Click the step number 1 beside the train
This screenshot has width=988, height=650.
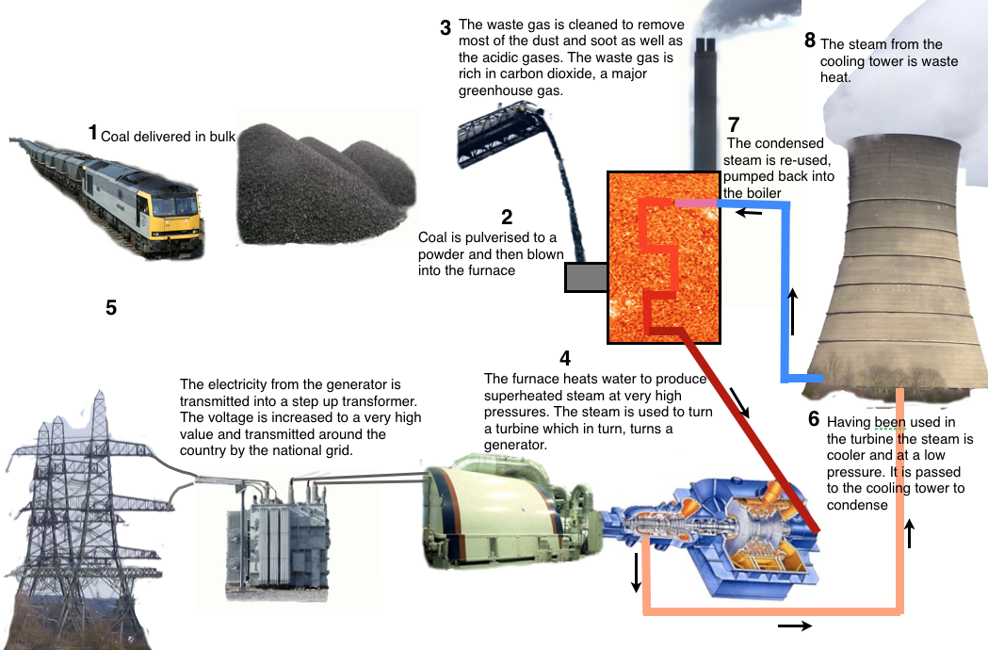click(x=92, y=133)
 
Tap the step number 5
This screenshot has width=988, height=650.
click(x=111, y=308)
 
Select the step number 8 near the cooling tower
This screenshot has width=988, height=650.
click(x=810, y=41)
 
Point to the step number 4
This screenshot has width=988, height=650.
click(x=565, y=359)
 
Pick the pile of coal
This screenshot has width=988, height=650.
click(x=325, y=183)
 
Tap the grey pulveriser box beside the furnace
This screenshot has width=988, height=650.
click(x=586, y=277)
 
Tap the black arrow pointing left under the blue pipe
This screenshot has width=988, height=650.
click(x=749, y=213)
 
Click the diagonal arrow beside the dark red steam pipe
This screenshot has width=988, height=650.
click(x=739, y=403)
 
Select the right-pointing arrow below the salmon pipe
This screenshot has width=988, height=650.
click(x=795, y=626)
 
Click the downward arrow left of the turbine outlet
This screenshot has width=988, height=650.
click(x=637, y=573)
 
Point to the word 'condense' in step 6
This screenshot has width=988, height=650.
click(x=857, y=505)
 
